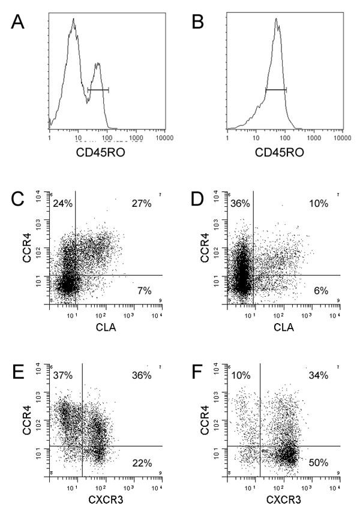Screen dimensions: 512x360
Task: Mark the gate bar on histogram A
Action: pyautogui.click(x=98, y=90)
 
